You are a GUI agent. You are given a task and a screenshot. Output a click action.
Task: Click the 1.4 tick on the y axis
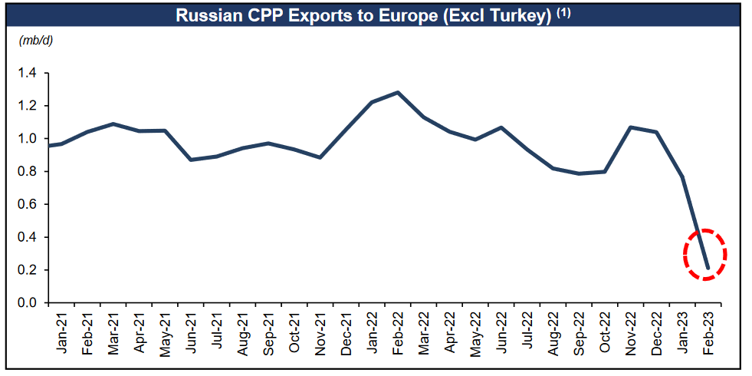(x=28, y=73)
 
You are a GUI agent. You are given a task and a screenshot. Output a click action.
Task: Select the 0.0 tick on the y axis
(x=28, y=303)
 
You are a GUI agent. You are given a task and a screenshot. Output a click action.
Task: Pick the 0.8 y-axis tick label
(x=28, y=172)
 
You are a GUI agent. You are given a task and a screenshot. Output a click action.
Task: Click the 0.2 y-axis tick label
(x=28, y=270)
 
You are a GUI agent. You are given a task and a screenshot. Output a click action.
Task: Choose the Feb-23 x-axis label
(x=709, y=335)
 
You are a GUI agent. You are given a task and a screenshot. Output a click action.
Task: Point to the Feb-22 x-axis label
(x=398, y=335)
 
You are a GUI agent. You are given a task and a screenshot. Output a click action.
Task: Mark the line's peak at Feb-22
(x=398, y=92)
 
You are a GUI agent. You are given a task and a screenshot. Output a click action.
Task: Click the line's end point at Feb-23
(x=708, y=269)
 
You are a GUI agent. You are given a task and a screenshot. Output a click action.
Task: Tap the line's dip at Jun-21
(x=190, y=160)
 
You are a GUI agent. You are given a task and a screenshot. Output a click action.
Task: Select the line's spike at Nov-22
(x=630, y=127)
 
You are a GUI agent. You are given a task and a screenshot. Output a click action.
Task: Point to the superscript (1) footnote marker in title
(x=563, y=13)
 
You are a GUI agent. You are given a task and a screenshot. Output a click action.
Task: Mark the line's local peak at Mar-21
(x=113, y=124)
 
